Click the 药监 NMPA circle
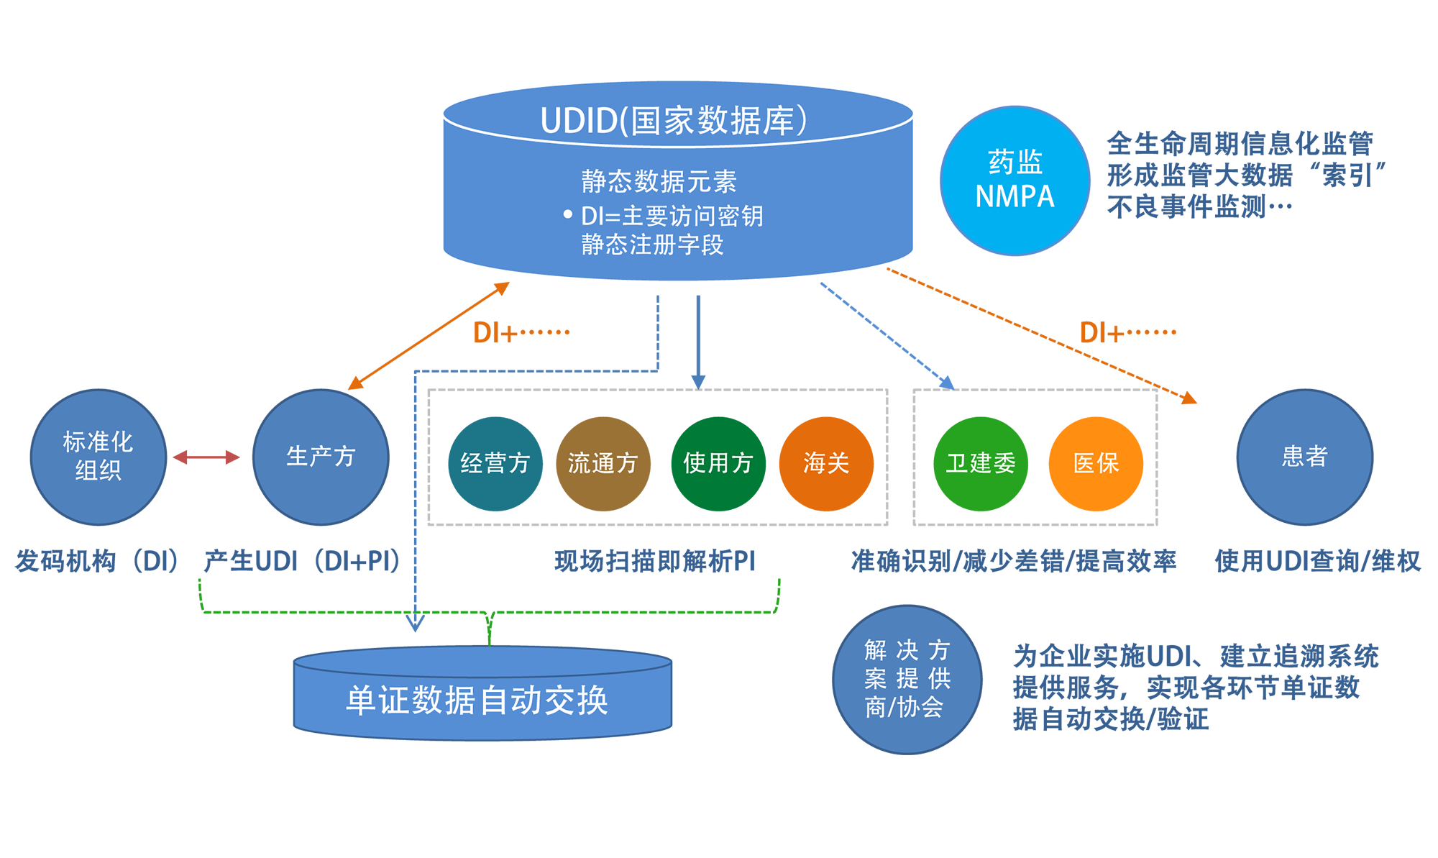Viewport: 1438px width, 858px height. (1015, 180)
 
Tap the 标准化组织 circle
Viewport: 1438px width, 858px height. (99, 457)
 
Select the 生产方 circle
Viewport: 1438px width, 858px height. (321, 457)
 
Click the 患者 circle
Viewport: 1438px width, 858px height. (1304, 457)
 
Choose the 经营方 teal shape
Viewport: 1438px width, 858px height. (495, 462)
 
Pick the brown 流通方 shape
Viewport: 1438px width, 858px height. (603, 462)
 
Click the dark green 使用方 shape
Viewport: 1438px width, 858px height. (717, 462)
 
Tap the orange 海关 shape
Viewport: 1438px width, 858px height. (826, 462)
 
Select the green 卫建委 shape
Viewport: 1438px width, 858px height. (981, 462)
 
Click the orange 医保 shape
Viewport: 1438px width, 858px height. (1095, 462)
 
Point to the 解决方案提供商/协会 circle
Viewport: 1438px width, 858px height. (907, 679)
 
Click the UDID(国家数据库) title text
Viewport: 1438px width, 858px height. (674, 120)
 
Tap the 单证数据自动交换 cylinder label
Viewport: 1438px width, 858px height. (477, 700)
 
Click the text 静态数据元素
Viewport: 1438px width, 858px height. (659, 181)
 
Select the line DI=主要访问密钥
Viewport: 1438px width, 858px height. (672, 216)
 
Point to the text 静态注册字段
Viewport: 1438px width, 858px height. (652, 245)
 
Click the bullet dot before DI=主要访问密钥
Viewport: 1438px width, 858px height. (567, 214)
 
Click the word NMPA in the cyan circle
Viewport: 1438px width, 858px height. (1015, 196)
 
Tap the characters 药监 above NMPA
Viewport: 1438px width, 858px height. (1015, 163)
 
